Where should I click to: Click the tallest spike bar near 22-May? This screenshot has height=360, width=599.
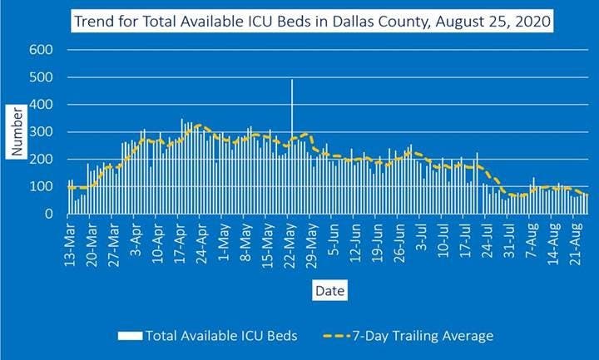[292, 125]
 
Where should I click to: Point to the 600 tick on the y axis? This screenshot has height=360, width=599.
[42, 50]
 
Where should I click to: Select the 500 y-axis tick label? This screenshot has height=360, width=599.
[42, 77]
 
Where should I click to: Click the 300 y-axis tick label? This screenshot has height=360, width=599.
[42, 132]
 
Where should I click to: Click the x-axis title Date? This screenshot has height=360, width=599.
[324, 290]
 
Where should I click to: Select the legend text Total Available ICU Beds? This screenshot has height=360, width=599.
[220, 336]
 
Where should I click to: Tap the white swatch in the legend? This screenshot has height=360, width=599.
[130, 336]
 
